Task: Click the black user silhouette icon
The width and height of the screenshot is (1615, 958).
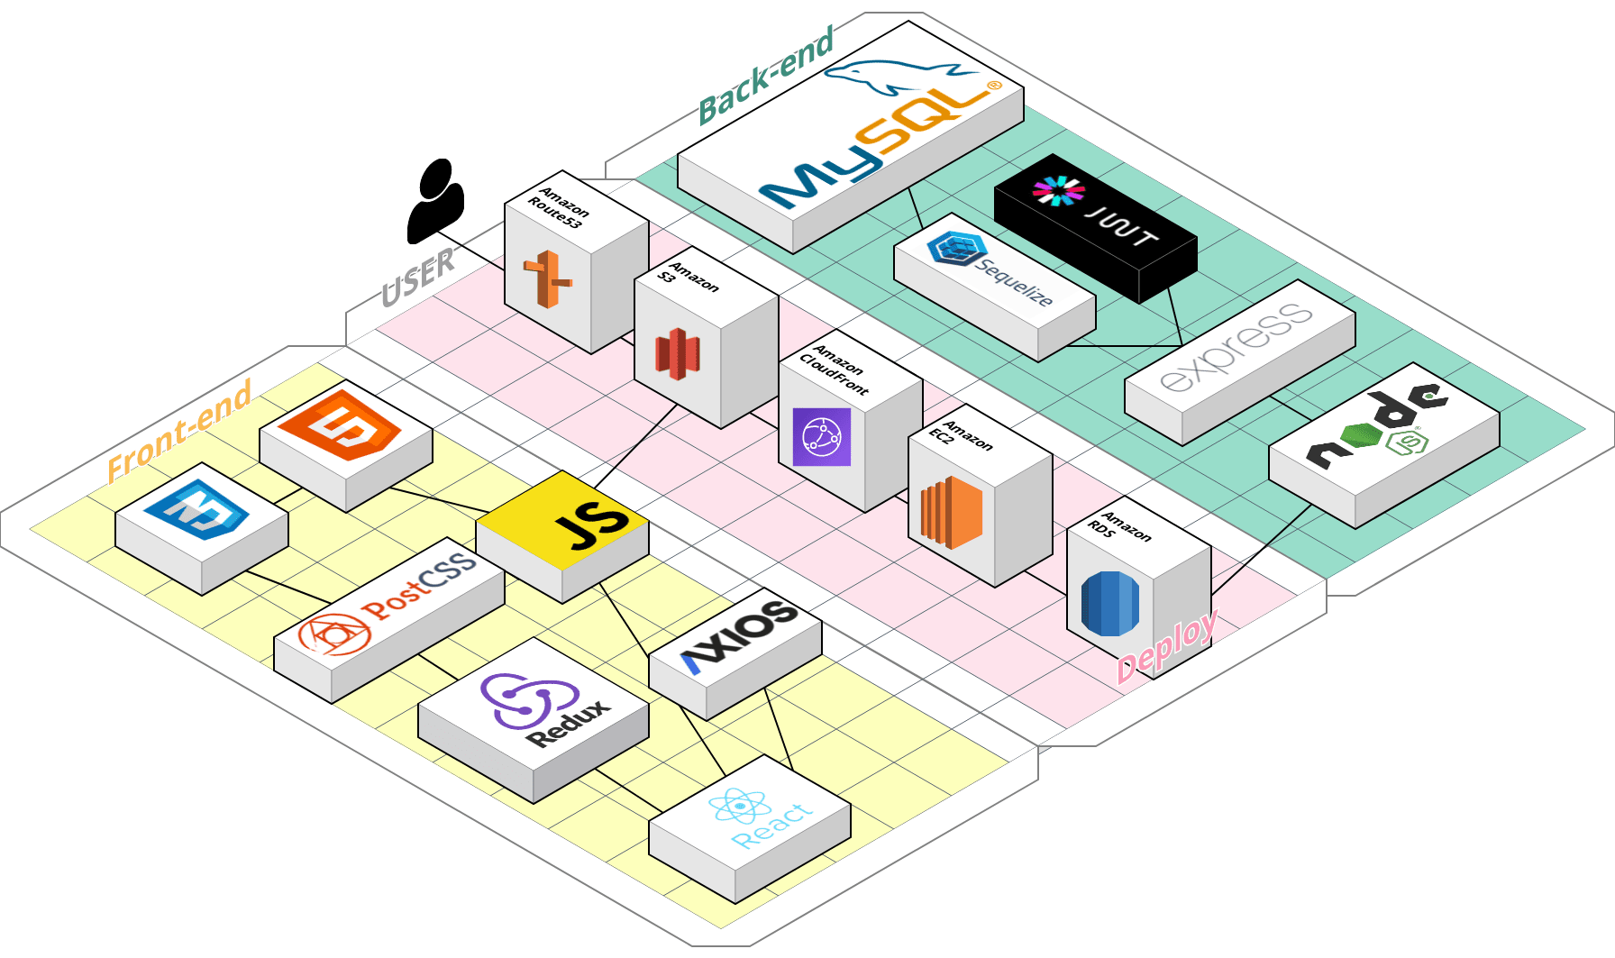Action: point(435,202)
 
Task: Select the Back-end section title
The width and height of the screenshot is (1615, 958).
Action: point(766,76)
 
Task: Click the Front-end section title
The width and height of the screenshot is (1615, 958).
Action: point(179,430)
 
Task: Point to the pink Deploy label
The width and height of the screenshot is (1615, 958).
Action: point(1167,647)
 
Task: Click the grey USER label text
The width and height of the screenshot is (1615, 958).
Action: point(418,277)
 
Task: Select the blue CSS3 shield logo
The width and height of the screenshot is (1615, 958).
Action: point(196,509)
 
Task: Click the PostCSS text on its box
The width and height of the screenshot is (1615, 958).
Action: point(420,588)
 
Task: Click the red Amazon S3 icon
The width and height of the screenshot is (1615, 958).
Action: point(678,353)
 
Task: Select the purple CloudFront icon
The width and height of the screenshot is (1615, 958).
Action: point(821,437)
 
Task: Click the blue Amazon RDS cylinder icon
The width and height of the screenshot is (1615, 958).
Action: point(1109,603)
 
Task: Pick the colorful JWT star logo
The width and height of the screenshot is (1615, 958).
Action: point(1059,191)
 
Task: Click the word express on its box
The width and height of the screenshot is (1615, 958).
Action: point(1236,348)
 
